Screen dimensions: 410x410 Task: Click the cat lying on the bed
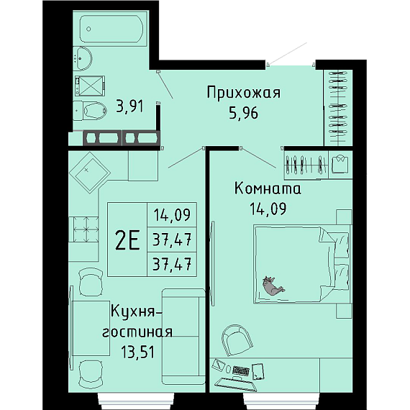point(273,286)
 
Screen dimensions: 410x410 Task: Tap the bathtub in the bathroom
point(111,29)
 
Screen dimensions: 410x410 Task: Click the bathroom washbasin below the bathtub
point(83,58)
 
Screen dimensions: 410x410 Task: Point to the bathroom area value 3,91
point(130,106)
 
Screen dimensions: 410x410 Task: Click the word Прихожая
point(244,93)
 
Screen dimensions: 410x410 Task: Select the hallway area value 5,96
point(243,113)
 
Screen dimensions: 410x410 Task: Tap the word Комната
point(268,188)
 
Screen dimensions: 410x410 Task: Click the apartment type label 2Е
point(127,240)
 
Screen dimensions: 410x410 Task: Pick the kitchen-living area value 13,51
point(138,352)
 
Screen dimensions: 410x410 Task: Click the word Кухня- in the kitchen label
point(137,312)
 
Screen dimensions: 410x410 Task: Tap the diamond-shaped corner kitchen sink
point(89,173)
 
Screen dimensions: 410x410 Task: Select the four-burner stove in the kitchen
point(83,229)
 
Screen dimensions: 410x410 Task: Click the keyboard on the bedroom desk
point(241,370)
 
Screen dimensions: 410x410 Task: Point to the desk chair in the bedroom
point(237,340)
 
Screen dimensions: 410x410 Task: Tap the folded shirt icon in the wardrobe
point(340,164)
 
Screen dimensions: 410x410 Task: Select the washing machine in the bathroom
point(90,86)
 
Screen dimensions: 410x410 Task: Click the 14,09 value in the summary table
point(172,215)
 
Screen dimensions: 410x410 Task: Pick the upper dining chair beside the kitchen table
point(91,282)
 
